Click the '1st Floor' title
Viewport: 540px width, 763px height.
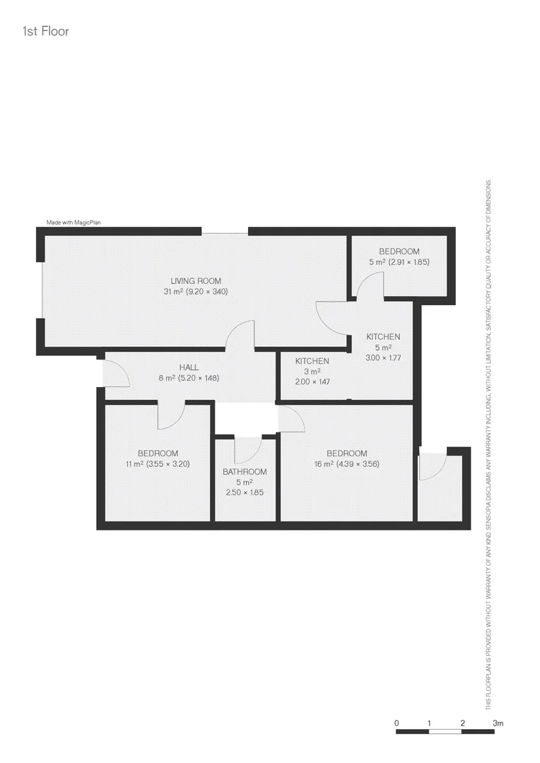[45, 31]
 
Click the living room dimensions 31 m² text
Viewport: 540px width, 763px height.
[195, 291]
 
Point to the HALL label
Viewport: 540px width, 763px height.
[189, 367]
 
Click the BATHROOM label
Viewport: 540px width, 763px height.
[245, 472]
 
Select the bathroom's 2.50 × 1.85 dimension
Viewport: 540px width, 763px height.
[245, 492]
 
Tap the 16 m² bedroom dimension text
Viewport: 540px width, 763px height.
[346, 464]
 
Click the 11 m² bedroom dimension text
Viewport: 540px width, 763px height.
[158, 464]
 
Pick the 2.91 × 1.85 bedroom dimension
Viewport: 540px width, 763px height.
[399, 262]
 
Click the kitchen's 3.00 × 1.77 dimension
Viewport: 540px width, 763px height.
[383, 358]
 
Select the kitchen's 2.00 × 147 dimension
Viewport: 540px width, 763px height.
[312, 381]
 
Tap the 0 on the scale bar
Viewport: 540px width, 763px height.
[397, 723]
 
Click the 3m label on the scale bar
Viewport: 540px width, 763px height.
[498, 723]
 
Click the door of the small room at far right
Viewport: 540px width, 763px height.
[433, 466]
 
